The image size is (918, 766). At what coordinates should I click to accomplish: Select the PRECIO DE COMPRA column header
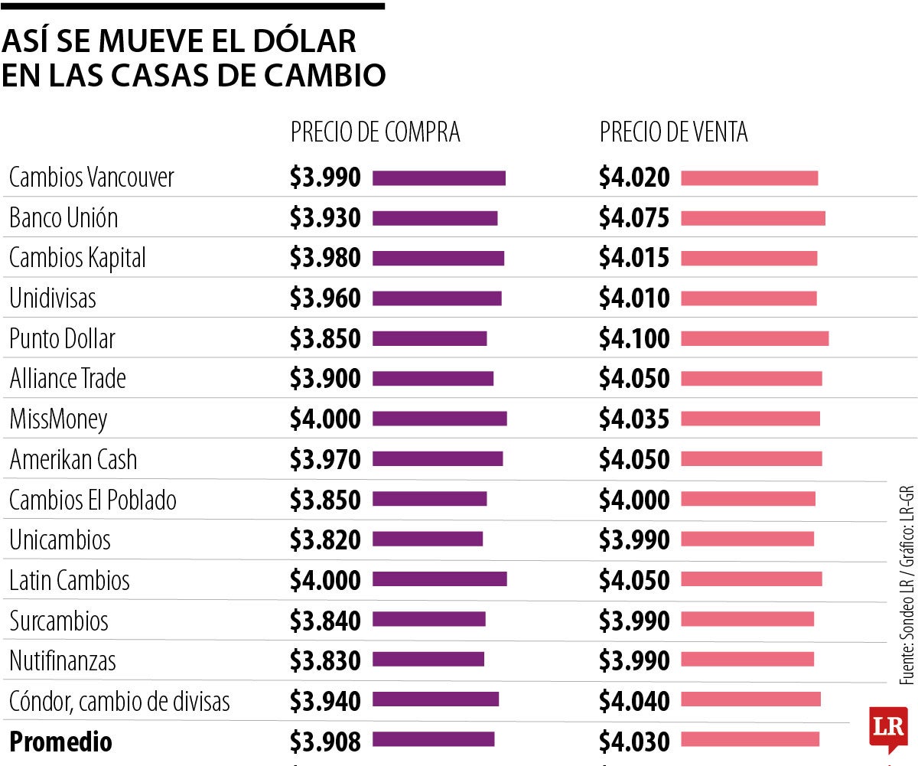click(375, 132)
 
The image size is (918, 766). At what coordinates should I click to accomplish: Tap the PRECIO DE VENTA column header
click(673, 132)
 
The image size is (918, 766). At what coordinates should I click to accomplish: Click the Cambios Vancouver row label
click(92, 178)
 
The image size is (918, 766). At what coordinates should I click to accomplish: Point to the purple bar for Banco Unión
click(435, 218)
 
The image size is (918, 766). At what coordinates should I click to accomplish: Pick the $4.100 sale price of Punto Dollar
click(634, 338)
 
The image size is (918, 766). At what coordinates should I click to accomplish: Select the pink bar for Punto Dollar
click(754, 338)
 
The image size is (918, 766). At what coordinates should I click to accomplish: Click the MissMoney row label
click(58, 419)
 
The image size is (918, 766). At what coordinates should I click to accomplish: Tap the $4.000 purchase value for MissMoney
click(325, 419)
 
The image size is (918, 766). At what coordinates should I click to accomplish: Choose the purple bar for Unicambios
click(428, 539)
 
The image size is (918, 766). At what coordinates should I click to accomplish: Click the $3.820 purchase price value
click(325, 539)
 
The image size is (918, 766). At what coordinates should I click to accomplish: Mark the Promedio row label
click(60, 742)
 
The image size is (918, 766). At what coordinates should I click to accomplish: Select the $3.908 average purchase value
click(325, 741)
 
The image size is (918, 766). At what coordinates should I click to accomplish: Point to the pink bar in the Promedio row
click(750, 739)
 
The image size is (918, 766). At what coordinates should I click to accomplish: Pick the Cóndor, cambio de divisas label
click(119, 701)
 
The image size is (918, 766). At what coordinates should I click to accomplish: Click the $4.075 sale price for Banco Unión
click(634, 218)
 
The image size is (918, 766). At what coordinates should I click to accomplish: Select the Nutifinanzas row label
click(63, 660)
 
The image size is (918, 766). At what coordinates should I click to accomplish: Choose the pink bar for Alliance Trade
click(751, 379)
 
